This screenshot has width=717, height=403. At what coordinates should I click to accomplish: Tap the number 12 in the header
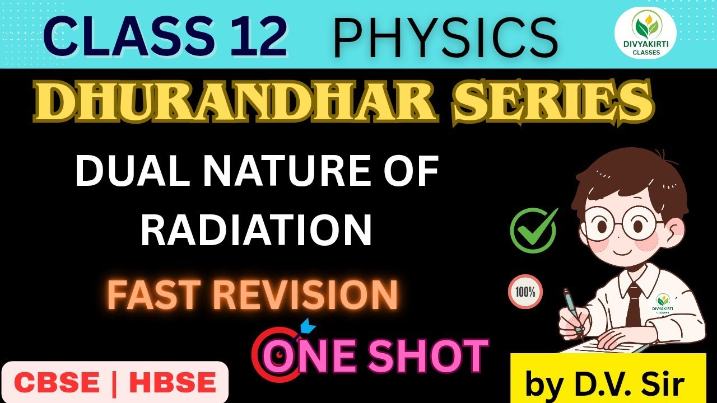point(253,36)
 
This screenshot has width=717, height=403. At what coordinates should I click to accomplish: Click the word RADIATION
point(256,229)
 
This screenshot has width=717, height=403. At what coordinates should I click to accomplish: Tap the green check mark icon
point(533,230)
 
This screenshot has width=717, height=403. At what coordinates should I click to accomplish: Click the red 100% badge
point(525,292)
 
